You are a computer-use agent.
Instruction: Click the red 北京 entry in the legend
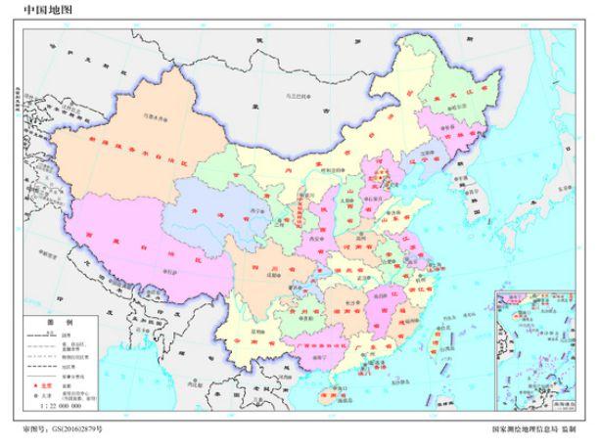(48, 387)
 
